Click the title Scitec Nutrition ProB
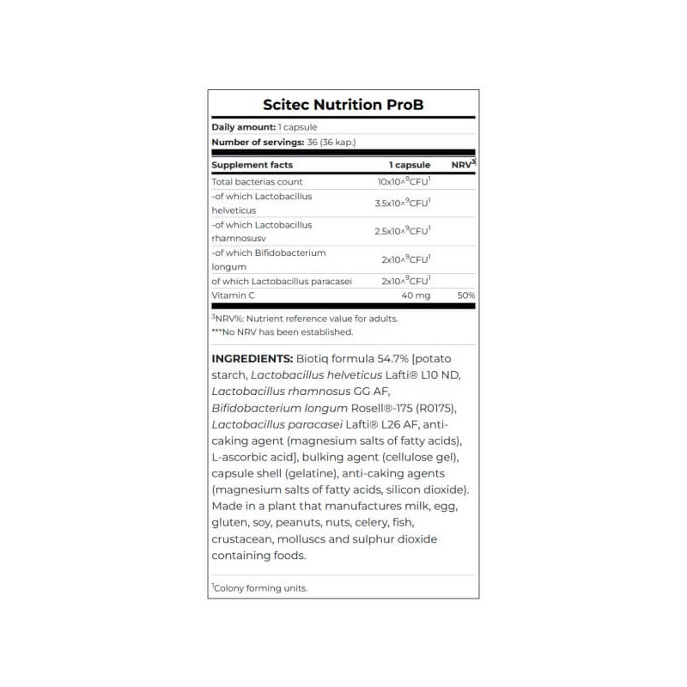pos(343,106)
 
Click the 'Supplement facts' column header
pos(252,165)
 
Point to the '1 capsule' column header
pos(410,165)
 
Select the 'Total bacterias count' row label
pos(257,182)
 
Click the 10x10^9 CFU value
pos(404,182)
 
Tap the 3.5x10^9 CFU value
pos(403,204)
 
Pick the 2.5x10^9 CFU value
pos(403,231)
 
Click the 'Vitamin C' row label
pos(233,295)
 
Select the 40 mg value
pos(416,295)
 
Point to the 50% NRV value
pos(466,295)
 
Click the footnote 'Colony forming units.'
pos(260,588)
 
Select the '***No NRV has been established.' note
pos(282,331)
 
